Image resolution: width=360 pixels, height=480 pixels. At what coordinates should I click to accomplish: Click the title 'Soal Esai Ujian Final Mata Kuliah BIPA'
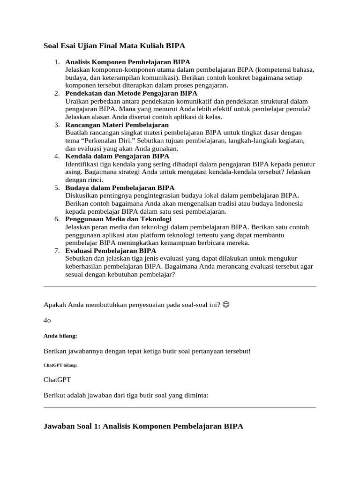pyautogui.click(x=114, y=46)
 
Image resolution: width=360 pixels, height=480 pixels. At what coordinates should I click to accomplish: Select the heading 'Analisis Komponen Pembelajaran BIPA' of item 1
pyautogui.click(x=127, y=62)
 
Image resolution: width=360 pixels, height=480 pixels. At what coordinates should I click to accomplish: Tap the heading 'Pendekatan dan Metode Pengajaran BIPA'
pyautogui.click(x=131, y=93)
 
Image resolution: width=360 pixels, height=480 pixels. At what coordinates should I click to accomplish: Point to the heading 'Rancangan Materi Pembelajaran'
pyautogui.click(x=117, y=125)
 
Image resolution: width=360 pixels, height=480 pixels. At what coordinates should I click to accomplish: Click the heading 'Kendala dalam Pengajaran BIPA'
pyautogui.click(x=117, y=156)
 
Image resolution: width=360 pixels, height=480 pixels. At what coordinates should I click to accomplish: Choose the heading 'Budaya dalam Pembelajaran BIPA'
pyautogui.click(x=120, y=187)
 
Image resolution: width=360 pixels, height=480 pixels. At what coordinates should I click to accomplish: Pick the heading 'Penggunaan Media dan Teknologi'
pyautogui.click(x=118, y=219)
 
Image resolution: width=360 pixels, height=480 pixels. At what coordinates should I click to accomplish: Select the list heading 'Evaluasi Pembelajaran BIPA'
pyautogui.click(x=111, y=251)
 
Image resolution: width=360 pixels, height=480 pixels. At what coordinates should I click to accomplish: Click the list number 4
pyautogui.click(x=56, y=156)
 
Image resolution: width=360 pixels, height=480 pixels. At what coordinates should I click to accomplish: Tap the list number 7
pyautogui.click(x=56, y=251)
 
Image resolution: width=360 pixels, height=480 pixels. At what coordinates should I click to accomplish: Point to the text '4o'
pyautogui.click(x=47, y=320)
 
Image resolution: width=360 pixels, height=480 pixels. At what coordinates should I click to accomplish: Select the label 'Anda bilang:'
pyautogui.click(x=60, y=336)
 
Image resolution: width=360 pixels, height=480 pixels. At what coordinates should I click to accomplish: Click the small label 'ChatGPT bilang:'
pyautogui.click(x=60, y=365)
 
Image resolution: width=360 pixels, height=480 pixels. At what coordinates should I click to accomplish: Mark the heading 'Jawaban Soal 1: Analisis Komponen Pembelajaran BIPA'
pyautogui.click(x=143, y=427)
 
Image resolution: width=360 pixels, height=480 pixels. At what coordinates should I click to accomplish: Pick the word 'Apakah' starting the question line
pyautogui.click(x=55, y=305)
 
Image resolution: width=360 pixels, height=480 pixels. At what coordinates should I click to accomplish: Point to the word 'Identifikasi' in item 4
pyautogui.click(x=83, y=164)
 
